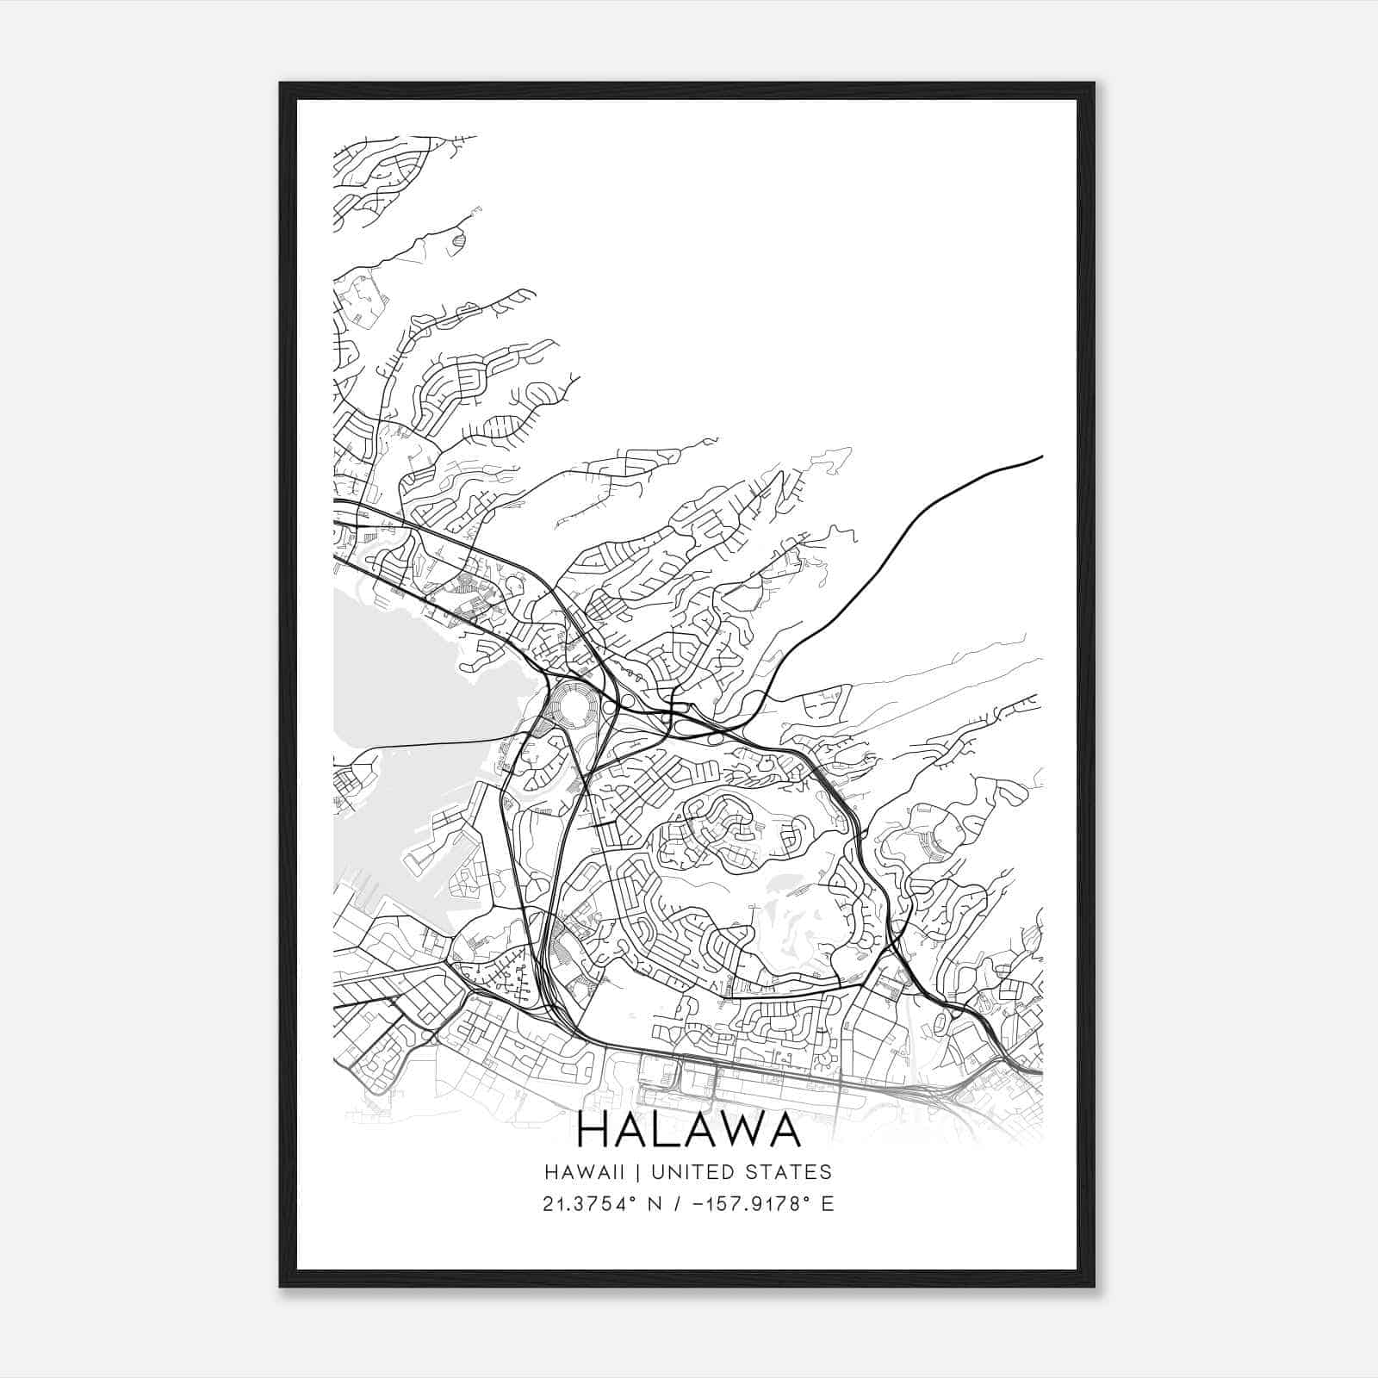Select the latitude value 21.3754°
586,1203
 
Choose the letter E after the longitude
827,1203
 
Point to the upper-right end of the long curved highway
1041,456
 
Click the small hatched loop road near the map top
458,242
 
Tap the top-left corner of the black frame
281,84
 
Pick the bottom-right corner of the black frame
1094,1285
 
